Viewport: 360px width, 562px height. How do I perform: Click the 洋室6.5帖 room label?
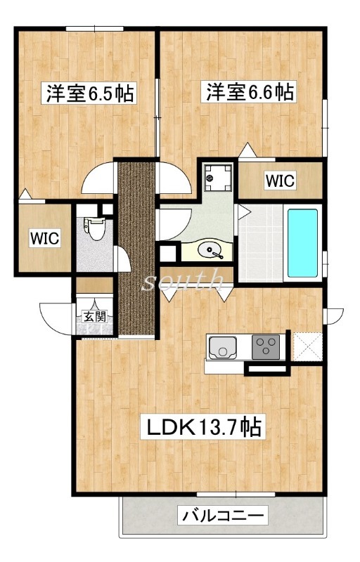[89, 93]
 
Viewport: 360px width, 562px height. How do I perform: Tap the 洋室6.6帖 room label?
[249, 92]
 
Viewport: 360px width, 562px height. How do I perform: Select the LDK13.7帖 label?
[203, 426]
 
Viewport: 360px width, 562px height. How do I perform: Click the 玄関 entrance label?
[95, 317]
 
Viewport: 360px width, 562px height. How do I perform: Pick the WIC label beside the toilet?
[44, 238]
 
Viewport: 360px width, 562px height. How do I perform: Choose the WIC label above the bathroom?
[280, 181]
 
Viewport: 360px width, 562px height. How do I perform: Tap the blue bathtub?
[302, 243]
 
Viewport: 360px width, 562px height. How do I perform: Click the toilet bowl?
[95, 229]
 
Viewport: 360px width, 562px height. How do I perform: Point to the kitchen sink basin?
[223, 347]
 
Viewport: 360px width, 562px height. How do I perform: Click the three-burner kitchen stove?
[266, 346]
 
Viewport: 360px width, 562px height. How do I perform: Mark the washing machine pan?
[218, 178]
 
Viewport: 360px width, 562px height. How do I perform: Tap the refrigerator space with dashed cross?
[308, 346]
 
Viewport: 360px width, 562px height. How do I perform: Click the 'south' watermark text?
[183, 279]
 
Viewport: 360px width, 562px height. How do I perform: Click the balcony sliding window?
[236, 495]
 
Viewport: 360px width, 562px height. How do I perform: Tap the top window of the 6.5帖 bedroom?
[95, 29]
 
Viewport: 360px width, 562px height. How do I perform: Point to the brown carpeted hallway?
[136, 249]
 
